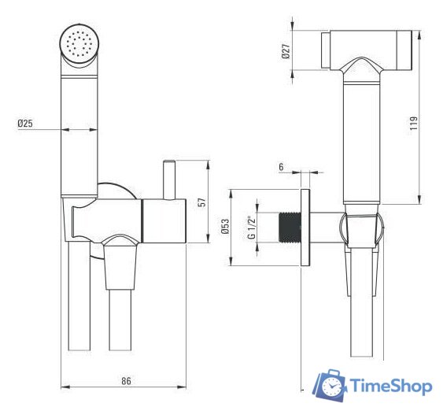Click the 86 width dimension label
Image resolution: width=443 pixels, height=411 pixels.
click(x=125, y=381)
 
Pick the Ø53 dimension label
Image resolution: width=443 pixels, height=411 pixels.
click(x=224, y=228)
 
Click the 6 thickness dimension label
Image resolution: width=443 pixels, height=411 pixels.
click(x=280, y=168)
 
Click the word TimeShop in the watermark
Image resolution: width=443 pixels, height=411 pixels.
click(x=389, y=387)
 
